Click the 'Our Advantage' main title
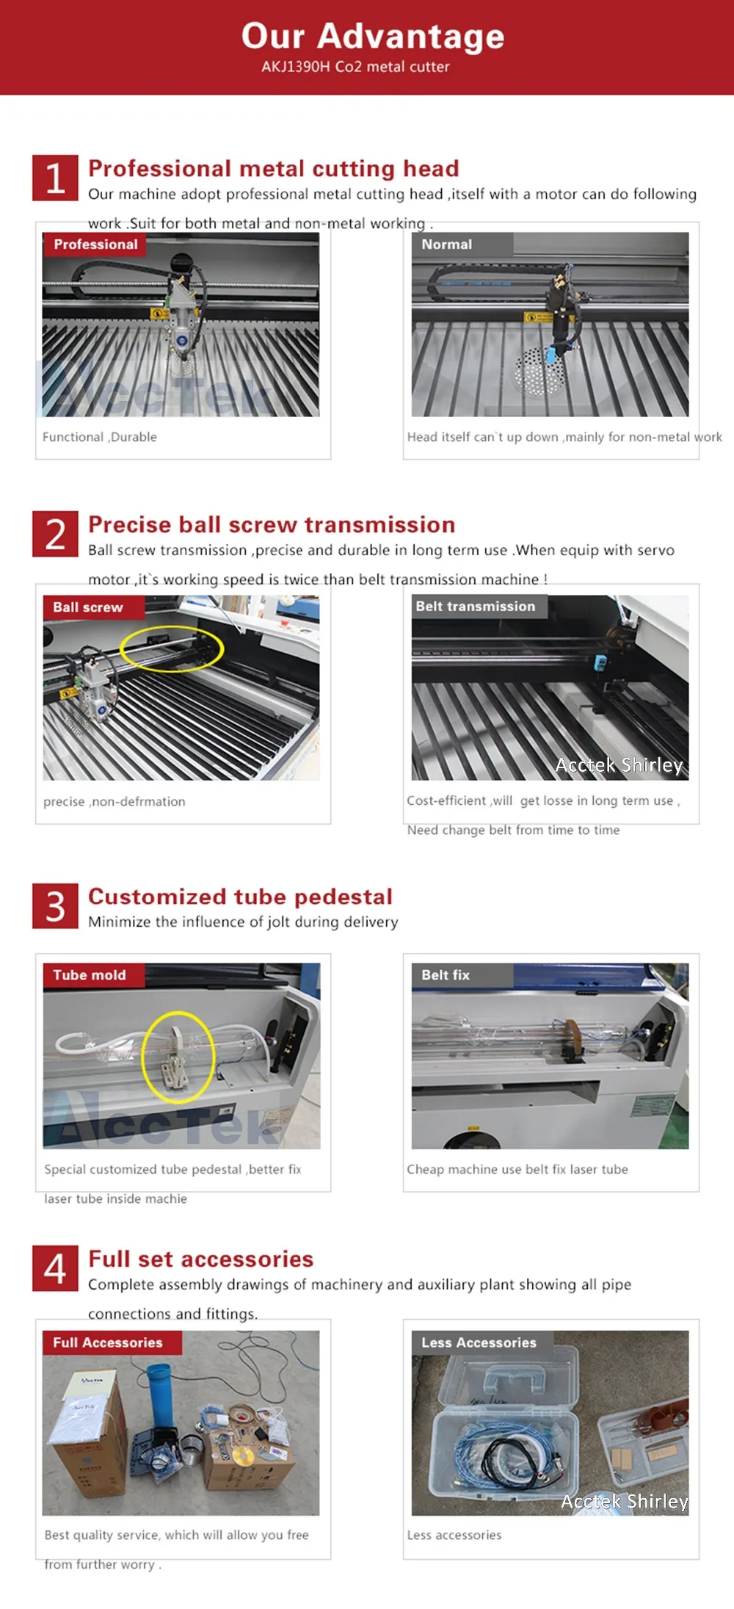[x=373, y=36]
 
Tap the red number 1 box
[x=55, y=178]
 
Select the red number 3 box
[x=55, y=906]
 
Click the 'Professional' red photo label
[x=95, y=245]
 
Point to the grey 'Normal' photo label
[x=462, y=245]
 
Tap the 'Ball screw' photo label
[x=93, y=607]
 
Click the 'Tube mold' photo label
[x=93, y=975]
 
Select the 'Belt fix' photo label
[x=462, y=975]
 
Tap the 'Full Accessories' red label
[x=111, y=1342]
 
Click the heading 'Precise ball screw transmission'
[x=272, y=524]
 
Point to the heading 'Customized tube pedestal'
[x=240, y=897]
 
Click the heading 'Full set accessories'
[x=200, y=1259]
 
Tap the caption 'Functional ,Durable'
[x=100, y=437]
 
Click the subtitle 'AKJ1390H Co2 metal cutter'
[x=355, y=67]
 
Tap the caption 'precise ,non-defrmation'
[x=115, y=802]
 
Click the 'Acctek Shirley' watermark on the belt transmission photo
[x=619, y=765]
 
